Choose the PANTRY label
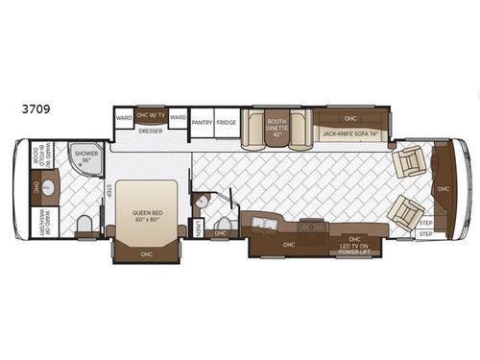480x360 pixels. [x=202, y=123]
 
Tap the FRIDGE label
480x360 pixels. [x=226, y=123]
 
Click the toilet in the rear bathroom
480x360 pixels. [x=84, y=224]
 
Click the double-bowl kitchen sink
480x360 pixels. [x=264, y=227]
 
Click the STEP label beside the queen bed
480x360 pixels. [x=108, y=189]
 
